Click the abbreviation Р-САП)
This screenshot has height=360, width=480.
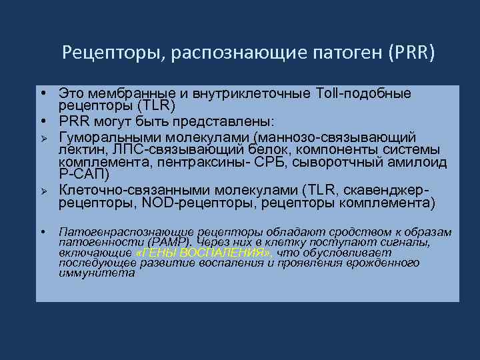[x=82, y=175]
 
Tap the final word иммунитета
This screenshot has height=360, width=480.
[x=96, y=273]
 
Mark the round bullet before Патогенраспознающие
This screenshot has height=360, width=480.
[x=42, y=232]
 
